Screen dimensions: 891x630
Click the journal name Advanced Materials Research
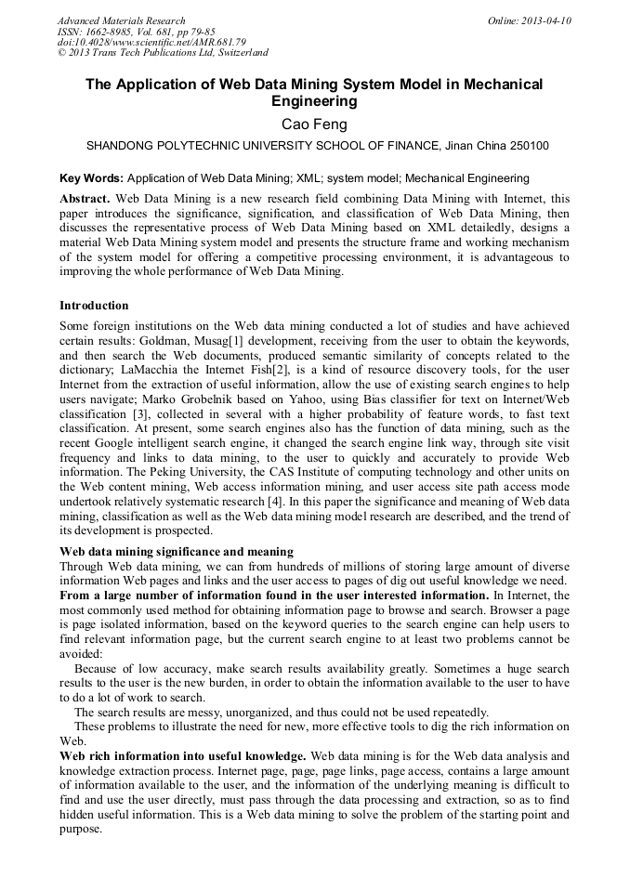pyautogui.click(x=121, y=20)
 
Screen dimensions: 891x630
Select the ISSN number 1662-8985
pyautogui.click(x=112, y=32)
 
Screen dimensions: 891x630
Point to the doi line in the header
pyautogui.click(x=151, y=42)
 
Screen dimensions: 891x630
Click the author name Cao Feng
pyautogui.click(x=314, y=124)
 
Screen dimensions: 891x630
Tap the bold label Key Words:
pyautogui.click(x=91, y=177)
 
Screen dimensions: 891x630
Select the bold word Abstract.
pyautogui.click(x=84, y=199)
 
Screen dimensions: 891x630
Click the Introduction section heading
pyautogui.click(x=94, y=306)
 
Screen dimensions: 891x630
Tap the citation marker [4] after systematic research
pyautogui.click(x=275, y=502)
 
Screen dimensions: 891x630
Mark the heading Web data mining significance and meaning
pyautogui.click(x=177, y=552)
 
